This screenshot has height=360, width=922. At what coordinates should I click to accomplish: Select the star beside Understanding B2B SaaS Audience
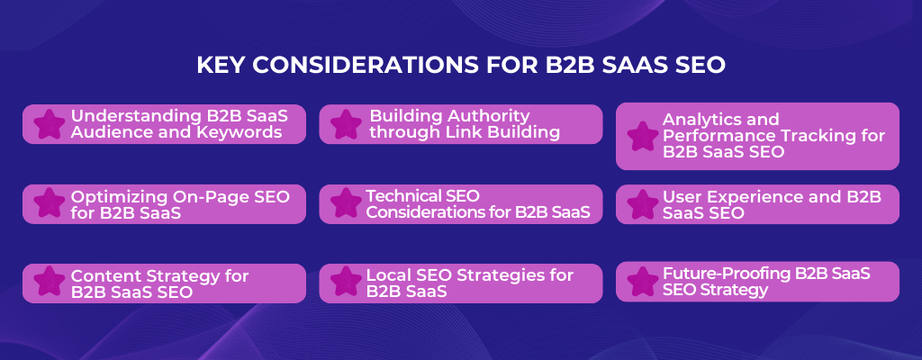(x=50, y=124)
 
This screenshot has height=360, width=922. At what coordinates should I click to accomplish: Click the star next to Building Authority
(x=347, y=124)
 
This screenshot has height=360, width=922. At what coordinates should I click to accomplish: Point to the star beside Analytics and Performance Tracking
(x=643, y=137)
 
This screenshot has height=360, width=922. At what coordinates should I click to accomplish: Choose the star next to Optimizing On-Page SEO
(x=50, y=204)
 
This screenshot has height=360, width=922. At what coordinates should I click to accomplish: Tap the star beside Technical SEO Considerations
(x=347, y=204)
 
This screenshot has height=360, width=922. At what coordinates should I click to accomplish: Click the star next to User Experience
(x=643, y=204)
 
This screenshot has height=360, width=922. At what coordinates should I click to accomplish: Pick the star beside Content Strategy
(x=50, y=283)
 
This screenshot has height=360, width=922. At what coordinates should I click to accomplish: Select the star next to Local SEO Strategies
(x=347, y=283)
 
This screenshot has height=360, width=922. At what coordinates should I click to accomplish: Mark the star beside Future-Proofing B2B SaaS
(x=643, y=283)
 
